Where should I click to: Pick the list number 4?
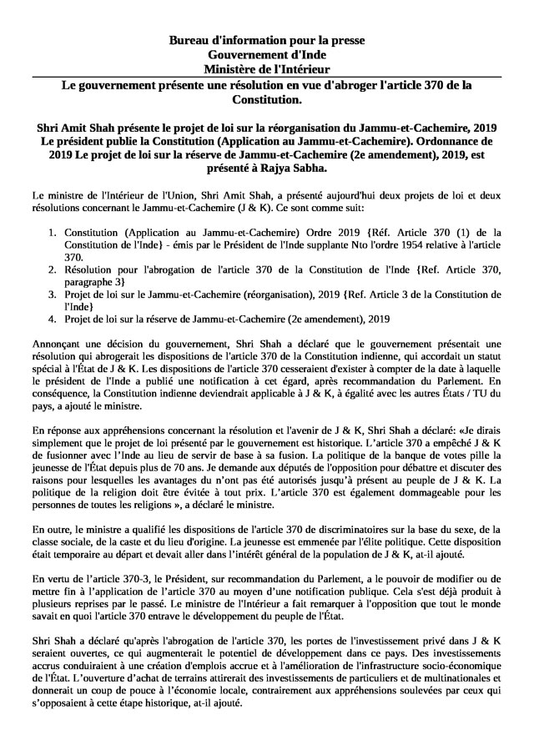(x=51, y=319)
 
